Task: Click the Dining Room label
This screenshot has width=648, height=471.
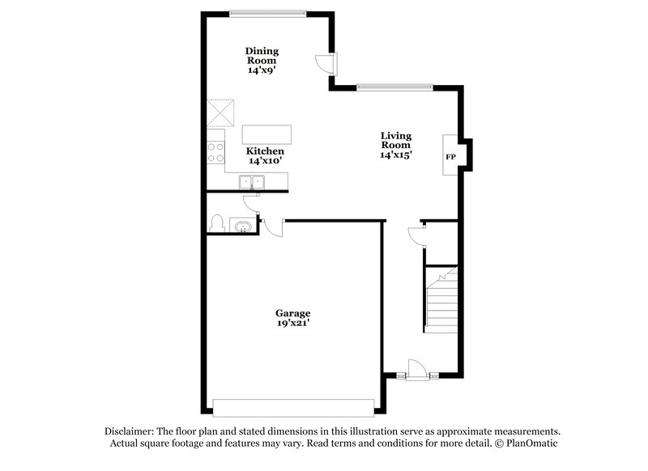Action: tap(262, 55)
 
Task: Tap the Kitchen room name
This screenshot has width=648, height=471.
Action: tap(265, 151)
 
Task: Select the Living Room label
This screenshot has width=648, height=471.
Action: tap(396, 139)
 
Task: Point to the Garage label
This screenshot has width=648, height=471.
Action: tap(292, 313)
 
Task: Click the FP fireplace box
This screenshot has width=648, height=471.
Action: tap(450, 154)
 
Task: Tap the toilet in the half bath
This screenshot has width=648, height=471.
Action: tap(215, 223)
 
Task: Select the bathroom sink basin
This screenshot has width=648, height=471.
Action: tap(241, 225)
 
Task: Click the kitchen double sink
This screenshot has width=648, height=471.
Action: tap(254, 182)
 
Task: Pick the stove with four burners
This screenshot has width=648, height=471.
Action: tap(215, 151)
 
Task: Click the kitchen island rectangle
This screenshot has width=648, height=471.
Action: tap(267, 134)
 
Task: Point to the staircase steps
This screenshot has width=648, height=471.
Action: tap(441, 303)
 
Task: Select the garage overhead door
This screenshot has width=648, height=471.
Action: tap(294, 406)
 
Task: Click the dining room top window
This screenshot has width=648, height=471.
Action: tap(267, 11)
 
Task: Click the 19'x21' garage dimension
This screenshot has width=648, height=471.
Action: tap(292, 324)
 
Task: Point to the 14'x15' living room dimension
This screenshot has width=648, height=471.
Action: tap(396, 155)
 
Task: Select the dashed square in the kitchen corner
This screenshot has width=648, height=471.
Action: tap(220, 112)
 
